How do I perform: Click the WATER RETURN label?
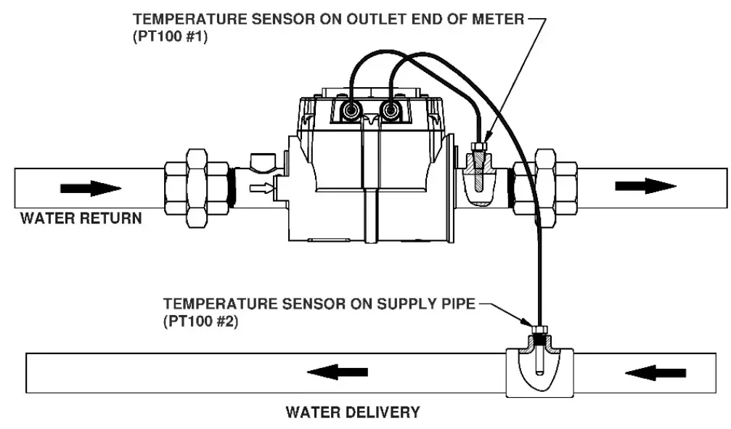pos(81,218)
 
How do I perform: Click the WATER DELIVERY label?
pos(353,412)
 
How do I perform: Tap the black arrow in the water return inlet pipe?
pos(90,188)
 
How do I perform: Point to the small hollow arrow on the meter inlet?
pos(261,190)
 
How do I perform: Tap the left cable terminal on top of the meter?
pos(351,111)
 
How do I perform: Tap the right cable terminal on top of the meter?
pos(392,111)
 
